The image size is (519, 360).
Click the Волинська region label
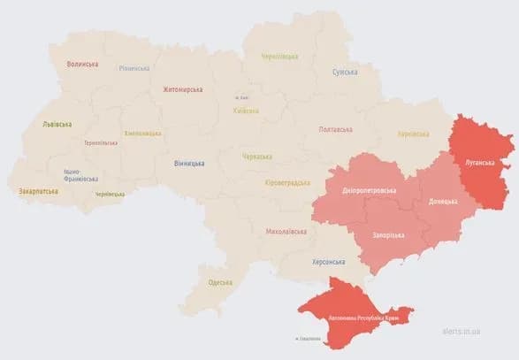click(x=82, y=65)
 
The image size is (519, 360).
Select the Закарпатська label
click(x=38, y=191)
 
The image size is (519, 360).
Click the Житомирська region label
click(x=183, y=89)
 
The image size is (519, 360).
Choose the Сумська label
click(x=345, y=72)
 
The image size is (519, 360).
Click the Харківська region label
click(x=413, y=134)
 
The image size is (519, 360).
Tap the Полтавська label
click(x=337, y=130)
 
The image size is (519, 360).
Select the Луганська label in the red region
click(x=481, y=162)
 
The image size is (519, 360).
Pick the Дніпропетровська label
click(x=369, y=190)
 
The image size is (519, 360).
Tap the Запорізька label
click(x=387, y=235)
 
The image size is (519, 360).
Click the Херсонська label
click(x=332, y=262)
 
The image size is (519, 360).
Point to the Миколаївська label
click(x=286, y=232)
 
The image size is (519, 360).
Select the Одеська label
click(x=219, y=282)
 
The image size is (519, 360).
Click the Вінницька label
click(x=189, y=163)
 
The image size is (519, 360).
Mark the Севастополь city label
click(x=306, y=338)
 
